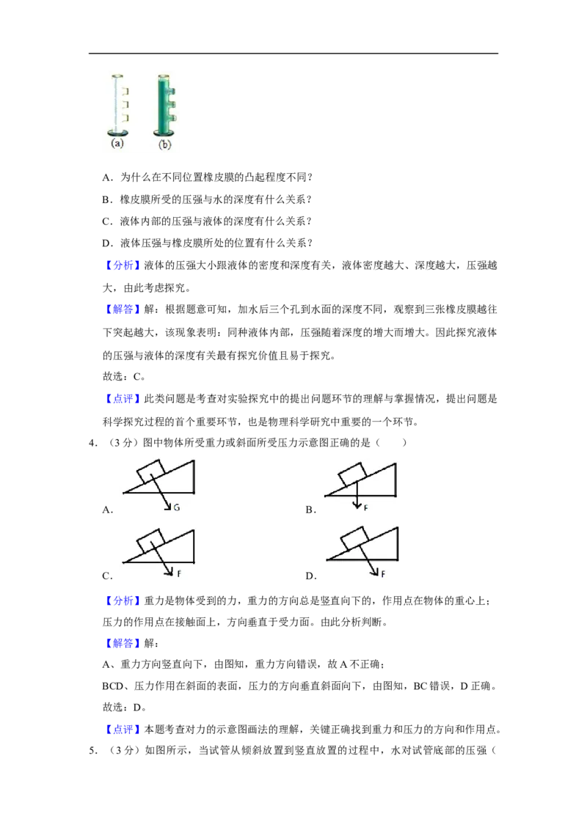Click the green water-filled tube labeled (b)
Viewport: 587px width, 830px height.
coord(164,106)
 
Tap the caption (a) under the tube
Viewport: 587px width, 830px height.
coord(117,144)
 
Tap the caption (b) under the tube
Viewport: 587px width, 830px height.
coord(165,144)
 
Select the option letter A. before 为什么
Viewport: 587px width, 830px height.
coord(108,177)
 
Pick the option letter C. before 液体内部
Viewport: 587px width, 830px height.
coord(108,221)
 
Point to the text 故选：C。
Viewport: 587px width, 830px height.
coord(124,377)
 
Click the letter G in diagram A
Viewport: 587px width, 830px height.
coord(176,507)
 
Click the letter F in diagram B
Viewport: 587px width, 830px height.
coord(365,507)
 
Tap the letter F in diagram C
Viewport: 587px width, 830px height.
coord(179,573)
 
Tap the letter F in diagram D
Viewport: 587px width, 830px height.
coord(382,573)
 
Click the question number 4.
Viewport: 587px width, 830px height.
coord(92,443)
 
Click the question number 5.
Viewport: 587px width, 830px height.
coord(92,751)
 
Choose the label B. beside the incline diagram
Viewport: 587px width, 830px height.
coord(311,510)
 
